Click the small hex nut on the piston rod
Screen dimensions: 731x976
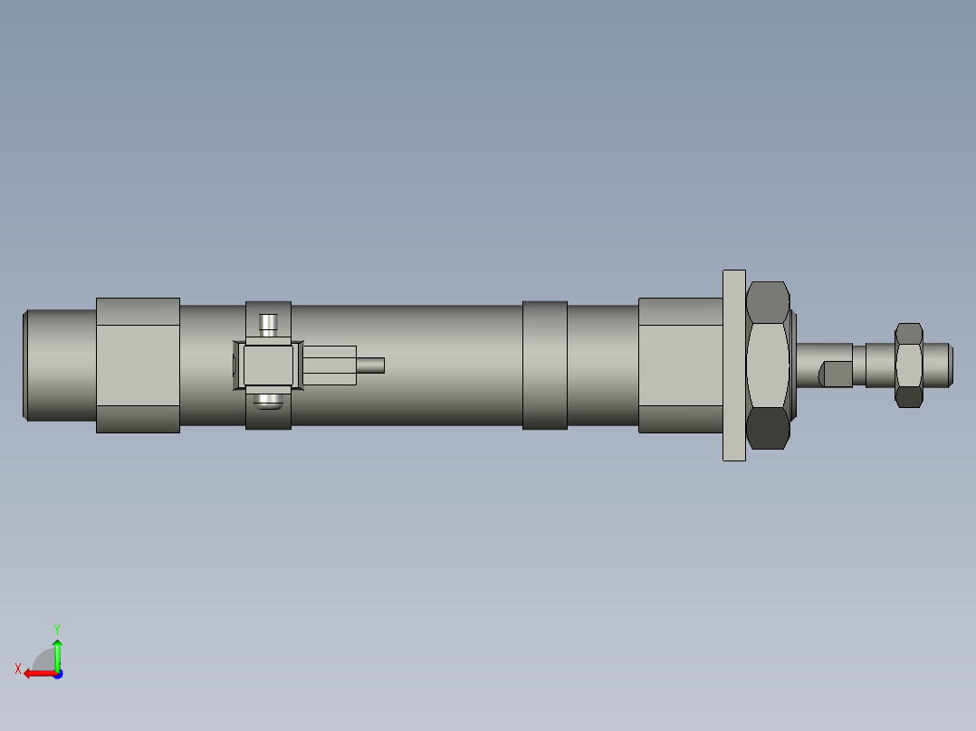(909, 365)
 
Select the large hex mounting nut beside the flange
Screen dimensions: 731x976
(768, 365)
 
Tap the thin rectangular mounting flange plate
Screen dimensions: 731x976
(733, 365)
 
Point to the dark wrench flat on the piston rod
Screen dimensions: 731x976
(837, 373)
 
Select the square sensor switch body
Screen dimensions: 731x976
(267, 365)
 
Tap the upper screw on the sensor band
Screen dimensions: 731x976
(268, 322)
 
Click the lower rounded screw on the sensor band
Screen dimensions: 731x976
(268, 402)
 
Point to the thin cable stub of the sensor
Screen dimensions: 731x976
(370, 365)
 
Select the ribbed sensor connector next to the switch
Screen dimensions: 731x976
(329, 365)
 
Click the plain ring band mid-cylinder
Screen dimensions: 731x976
(544, 365)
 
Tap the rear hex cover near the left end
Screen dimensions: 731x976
(138, 365)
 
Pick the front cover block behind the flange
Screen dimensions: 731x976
(680, 365)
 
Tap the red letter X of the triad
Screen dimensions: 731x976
(18, 669)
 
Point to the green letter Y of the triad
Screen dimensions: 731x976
(56, 628)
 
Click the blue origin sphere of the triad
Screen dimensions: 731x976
(57, 673)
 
